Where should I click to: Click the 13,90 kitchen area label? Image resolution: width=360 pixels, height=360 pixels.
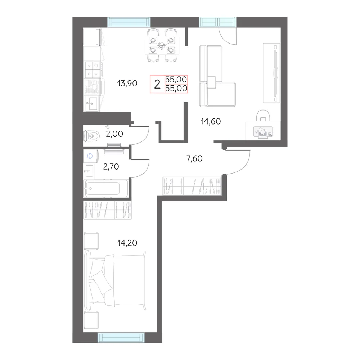127,83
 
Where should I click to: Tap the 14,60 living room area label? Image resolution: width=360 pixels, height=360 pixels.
211,121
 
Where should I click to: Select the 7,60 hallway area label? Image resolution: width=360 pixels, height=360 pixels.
194,158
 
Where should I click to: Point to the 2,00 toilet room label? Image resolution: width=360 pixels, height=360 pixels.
114,134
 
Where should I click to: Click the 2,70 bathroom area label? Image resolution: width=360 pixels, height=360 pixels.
111,166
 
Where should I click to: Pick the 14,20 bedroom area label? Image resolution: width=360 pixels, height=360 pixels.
127,243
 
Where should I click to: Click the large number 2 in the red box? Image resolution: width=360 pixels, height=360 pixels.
157,85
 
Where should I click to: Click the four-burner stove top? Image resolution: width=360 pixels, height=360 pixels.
92,70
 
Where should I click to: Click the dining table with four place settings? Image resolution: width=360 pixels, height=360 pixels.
162,45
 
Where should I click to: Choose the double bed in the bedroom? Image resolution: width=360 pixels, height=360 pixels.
115,280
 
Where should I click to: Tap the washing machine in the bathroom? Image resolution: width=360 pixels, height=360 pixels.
90,156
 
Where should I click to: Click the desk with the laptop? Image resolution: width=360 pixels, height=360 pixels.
263,130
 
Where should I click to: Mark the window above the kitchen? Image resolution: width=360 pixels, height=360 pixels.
129,22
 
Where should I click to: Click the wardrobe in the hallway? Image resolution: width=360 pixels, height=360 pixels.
192,186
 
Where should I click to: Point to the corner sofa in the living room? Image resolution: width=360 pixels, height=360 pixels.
217,76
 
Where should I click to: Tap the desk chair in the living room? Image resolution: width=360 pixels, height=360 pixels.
263,116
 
